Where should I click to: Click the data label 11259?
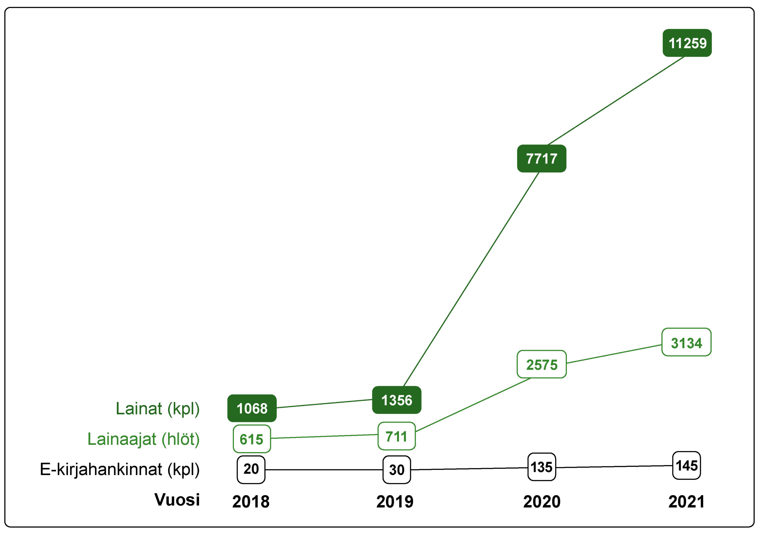pos(687,43)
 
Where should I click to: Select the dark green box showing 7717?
pos(541,158)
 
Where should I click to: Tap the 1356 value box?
pos(396,400)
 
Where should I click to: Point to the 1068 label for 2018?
pos(252,408)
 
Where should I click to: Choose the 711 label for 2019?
pos(396,436)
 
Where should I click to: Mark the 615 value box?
pos(252,439)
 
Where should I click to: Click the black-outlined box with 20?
pos(251,469)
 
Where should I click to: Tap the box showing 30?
pos(396,470)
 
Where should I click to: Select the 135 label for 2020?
pos(541,467)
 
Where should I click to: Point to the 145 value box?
pos(686,465)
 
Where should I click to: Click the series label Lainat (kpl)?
pos(157,409)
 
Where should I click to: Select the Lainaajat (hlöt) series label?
pos(143,439)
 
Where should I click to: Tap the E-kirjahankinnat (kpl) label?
pos(119,469)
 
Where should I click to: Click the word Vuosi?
pos(177,499)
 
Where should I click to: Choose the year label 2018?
pos(251,501)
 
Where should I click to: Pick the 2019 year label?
pos(395,501)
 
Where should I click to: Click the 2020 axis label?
pos(541,501)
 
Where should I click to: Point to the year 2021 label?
pos(686,501)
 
